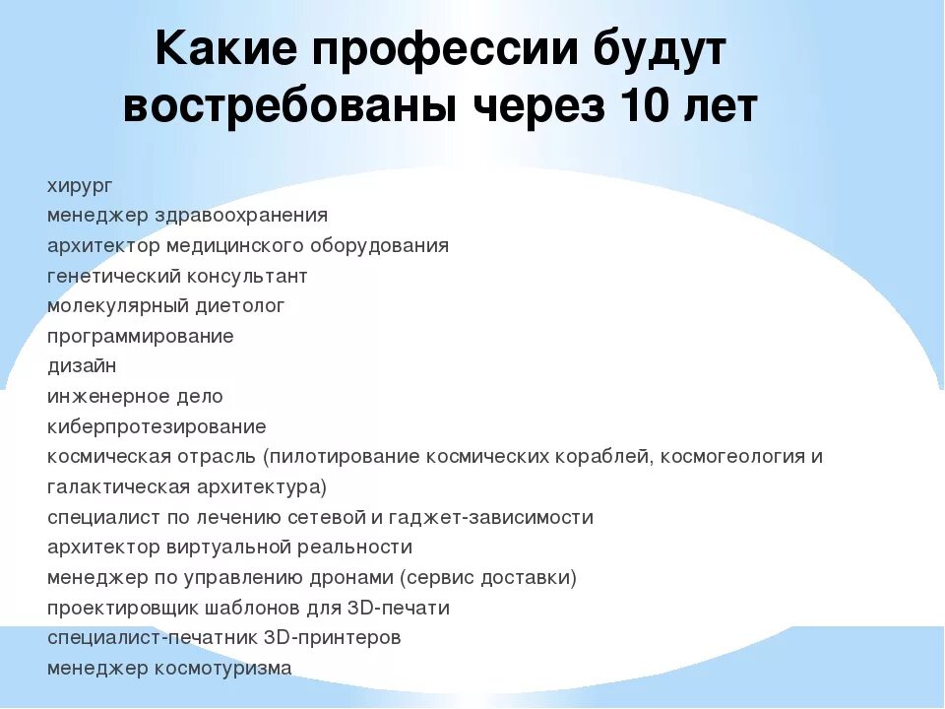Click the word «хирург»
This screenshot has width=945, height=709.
81,186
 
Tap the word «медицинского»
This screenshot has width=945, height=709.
236,245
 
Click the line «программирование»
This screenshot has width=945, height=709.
140,337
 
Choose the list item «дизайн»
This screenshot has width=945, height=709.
82,366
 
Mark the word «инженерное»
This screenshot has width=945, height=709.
104,397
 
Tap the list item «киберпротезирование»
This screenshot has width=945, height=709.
157,427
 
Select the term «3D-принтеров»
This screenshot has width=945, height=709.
332,638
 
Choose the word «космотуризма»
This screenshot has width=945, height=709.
222,669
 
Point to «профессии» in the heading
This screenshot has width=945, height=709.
435,52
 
